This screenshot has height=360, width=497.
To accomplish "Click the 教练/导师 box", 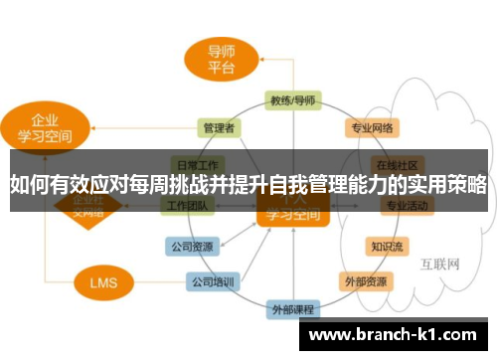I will [x=292, y=100].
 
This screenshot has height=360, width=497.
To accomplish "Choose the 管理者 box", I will [x=219, y=128].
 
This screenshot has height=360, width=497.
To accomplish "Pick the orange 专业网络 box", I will [x=372, y=127].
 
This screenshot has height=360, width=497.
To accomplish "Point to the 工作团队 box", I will [x=188, y=206].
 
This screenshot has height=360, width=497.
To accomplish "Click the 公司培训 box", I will [x=212, y=281].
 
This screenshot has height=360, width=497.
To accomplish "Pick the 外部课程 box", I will [x=291, y=309].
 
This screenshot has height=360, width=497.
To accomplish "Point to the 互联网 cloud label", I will [x=438, y=265].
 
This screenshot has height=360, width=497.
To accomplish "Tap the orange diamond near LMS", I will [x=80, y=206].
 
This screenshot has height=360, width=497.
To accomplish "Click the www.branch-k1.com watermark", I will [x=400, y=335].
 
